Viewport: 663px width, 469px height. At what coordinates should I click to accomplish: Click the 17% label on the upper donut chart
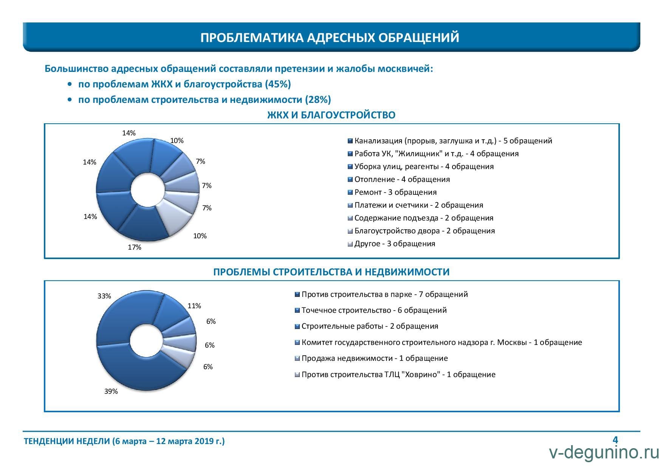click(135, 247)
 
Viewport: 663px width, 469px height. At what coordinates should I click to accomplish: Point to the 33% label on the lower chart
click(104, 296)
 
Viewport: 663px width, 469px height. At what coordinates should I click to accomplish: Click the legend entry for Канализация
click(450, 141)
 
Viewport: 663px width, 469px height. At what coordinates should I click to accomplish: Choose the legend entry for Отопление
click(399, 179)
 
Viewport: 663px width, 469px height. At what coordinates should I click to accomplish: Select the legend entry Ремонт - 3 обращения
click(392, 192)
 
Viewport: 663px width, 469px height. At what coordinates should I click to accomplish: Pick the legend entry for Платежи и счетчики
click(415, 205)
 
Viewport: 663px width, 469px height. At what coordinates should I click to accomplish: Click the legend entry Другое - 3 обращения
click(391, 244)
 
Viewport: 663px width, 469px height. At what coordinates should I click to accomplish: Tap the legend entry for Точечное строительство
click(370, 310)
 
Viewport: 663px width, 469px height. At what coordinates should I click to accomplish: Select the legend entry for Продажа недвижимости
click(371, 358)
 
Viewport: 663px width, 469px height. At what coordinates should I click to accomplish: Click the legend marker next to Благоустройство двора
click(350, 231)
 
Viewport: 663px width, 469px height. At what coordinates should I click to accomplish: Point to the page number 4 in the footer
click(615, 440)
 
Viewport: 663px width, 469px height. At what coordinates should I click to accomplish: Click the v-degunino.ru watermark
click(604, 453)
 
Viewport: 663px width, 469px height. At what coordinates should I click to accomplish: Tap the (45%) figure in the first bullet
click(278, 84)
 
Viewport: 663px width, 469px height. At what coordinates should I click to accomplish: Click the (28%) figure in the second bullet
click(318, 99)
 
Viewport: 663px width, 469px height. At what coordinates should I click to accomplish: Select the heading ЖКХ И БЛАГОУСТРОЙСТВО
click(331, 115)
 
